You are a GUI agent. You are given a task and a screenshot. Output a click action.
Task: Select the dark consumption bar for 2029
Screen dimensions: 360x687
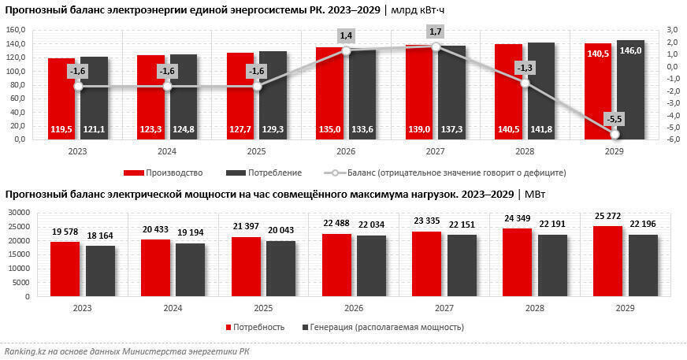click(x=630, y=91)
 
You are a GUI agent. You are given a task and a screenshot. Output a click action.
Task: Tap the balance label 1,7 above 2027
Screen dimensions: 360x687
click(x=435, y=32)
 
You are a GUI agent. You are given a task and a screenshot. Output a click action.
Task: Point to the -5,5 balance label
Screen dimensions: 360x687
click(x=615, y=119)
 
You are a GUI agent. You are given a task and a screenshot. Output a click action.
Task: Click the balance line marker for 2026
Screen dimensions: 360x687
click(x=345, y=50)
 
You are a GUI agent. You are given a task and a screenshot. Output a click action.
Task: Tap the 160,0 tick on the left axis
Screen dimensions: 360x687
click(x=16, y=30)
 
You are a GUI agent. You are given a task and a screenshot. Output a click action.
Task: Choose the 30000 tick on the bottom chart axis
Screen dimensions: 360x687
click(x=17, y=212)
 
